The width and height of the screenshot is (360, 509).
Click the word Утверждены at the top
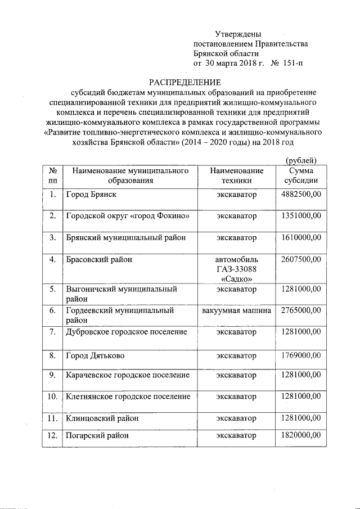tap(238, 35)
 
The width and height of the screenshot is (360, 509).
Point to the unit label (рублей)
tap(301, 161)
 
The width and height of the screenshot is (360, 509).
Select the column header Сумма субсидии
tap(301, 175)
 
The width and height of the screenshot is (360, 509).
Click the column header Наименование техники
tap(237, 175)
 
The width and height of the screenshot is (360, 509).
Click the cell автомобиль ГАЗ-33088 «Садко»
tap(237, 269)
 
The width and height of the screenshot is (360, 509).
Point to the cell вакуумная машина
tap(237, 310)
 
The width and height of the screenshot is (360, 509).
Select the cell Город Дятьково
tap(95, 356)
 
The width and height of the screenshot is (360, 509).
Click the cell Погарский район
tap(97, 435)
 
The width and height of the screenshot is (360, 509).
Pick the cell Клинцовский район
tap(102, 418)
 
